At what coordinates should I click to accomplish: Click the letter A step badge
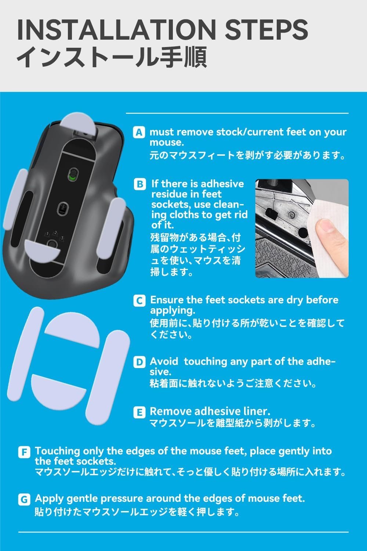point(139,132)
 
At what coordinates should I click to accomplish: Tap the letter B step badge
point(140,184)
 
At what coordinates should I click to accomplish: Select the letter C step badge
point(139,300)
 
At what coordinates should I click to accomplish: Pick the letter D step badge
point(139,362)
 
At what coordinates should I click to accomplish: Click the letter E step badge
point(139,412)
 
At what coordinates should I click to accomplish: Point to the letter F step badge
point(24,452)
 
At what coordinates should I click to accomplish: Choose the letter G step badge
point(24,500)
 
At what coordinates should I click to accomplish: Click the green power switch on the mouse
point(73,174)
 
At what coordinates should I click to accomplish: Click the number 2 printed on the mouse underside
point(56,233)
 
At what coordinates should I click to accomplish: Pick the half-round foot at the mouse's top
point(78,124)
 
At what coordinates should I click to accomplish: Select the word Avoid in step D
point(164,361)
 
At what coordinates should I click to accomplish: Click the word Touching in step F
point(58,451)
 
